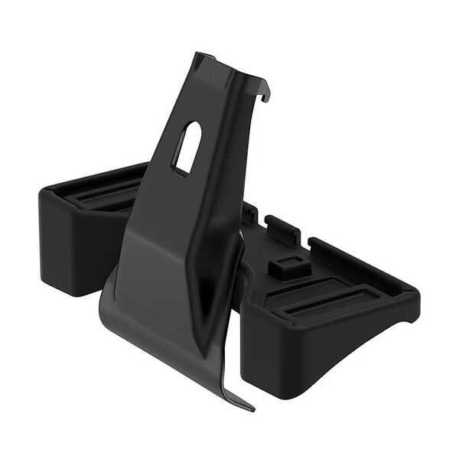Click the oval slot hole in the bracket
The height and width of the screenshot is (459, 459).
pos(187,147)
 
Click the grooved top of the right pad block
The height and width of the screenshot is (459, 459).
pos(337,295)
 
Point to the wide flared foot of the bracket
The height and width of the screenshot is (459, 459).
pos(168,321)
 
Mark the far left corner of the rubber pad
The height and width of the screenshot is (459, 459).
pos(40,195)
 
